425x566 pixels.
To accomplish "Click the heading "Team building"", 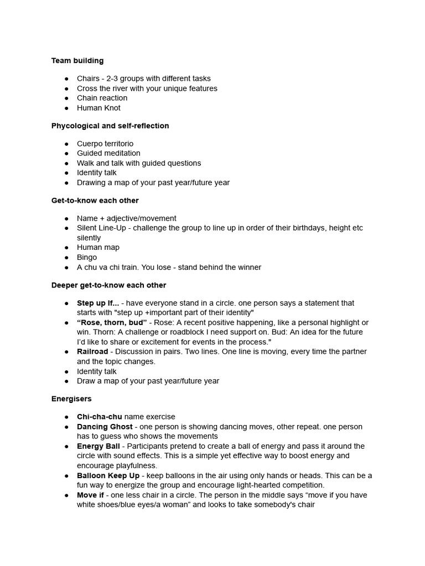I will click(77, 61).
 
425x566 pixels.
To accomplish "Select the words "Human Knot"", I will click(99, 108).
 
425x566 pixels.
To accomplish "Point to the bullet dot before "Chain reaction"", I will click(66, 98).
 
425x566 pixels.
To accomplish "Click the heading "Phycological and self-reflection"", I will click(110, 126).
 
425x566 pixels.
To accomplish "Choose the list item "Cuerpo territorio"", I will click(105, 144).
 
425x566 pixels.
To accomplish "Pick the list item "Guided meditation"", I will click(108, 153).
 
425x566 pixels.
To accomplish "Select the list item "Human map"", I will click(98, 248).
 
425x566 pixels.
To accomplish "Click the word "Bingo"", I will click(87, 258).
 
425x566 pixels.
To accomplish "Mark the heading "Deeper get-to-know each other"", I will click(108, 285).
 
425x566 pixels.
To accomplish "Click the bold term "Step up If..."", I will click(98, 303).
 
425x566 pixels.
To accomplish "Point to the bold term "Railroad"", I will click(92, 352).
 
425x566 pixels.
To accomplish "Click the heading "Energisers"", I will click(71, 399).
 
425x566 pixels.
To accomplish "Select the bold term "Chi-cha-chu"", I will click(100, 417).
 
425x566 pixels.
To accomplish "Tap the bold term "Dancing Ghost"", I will click(105, 427).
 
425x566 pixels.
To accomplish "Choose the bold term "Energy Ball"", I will click(98, 446).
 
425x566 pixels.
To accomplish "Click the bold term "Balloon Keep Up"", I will click(108, 475).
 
